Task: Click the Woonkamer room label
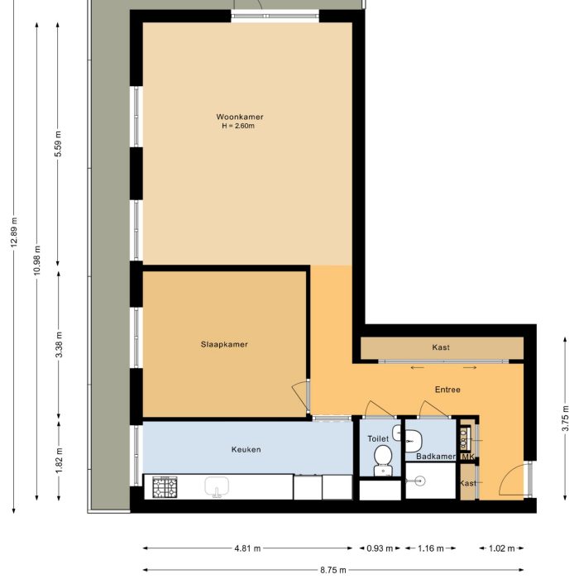click(240, 117)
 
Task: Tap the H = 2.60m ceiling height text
click(238, 127)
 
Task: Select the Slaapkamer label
click(224, 344)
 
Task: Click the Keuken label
click(246, 449)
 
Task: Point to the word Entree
click(447, 389)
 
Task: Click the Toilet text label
click(377, 440)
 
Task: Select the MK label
click(467, 457)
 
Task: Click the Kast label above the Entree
click(441, 347)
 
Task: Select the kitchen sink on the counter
click(218, 486)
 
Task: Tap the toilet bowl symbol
click(382, 457)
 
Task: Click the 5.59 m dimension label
click(58, 146)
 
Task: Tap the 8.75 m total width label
click(334, 569)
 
